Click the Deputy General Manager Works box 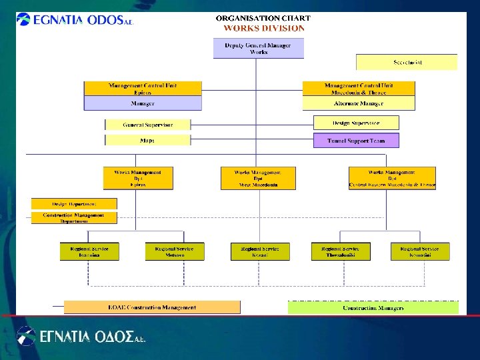tap(258, 48)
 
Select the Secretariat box tap(407, 62)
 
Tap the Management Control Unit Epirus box tap(143, 89)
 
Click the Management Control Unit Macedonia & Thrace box tap(359, 89)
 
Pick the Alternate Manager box tap(359, 103)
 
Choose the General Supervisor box tap(147, 125)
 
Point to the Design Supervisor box tap(356, 123)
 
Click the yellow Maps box tap(147, 140)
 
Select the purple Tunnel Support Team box tap(356, 140)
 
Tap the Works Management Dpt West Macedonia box tap(258, 178)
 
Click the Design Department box tap(74, 203)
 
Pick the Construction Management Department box tap(74, 217)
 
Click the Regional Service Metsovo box tap(175, 251)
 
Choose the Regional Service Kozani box tap(261, 251)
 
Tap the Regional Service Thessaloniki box tap(341, 251)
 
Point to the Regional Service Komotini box tap(420, 251)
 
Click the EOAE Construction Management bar tap(152, 307)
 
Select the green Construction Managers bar tap(373, 307)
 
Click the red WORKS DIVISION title tap(263, 28)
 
